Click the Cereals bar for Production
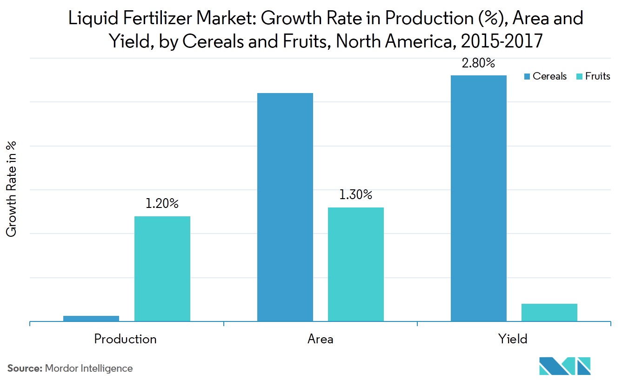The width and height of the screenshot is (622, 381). [x=91, y=318]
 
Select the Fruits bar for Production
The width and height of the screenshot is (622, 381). [x=162, y=268]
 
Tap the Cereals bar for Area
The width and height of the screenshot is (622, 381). [x=285, y=207]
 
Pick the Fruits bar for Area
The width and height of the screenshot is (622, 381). [x=356, y=264]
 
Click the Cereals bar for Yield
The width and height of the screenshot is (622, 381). [x=478, y=198]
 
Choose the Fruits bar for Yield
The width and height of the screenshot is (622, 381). [x=549, y=312]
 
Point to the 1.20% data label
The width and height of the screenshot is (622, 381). [x=162, y=204]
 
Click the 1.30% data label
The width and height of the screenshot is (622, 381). [x=356, y=195]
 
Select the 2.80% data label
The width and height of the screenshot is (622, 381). [x=478, y=63]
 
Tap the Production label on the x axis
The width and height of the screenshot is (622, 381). [x=125, y=339]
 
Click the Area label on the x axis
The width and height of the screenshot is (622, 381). [x=320, y=339]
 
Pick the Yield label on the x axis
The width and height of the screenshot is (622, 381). [x=513, y=339]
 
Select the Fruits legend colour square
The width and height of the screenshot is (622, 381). [x=579, y=77]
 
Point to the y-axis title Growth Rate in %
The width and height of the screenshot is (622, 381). [x=12, y=189]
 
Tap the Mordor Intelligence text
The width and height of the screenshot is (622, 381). [x=89, y=368]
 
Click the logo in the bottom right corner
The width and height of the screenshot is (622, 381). [x=565, y=366]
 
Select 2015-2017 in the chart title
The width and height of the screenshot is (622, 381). [x=501, y=41]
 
